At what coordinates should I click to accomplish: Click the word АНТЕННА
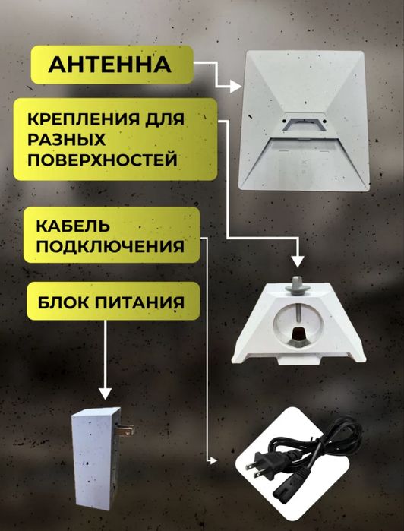pos(109,65)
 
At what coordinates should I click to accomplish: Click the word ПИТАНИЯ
pos(143,302)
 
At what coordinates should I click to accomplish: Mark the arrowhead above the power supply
pos(104,394)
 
